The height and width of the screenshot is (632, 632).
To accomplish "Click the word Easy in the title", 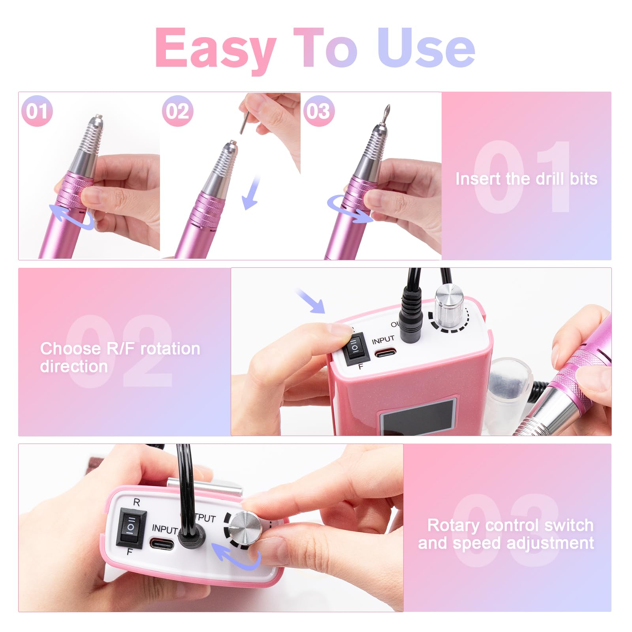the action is click(x=216, y=51).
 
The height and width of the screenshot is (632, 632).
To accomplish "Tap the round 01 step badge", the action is click(x=37, y=111).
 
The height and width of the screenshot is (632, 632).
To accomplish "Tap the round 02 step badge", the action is click(x=177, y=111).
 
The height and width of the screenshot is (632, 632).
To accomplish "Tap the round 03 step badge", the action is click(x=319, y=111).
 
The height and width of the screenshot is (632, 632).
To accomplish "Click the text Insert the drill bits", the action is click(x=526, y=179).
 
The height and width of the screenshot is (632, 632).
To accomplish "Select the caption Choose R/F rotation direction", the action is click(x=120, y=357).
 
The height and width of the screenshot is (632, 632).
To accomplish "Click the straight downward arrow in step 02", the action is click(x=251, y=193).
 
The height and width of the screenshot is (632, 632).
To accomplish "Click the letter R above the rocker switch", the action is click(x=136, y=502).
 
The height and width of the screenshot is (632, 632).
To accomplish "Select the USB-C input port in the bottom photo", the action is click(x=162, y=545).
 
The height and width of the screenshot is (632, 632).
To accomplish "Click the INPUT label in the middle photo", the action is click(x=383, y=339).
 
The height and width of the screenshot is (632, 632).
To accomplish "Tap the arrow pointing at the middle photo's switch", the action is click(x=311, y=301).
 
